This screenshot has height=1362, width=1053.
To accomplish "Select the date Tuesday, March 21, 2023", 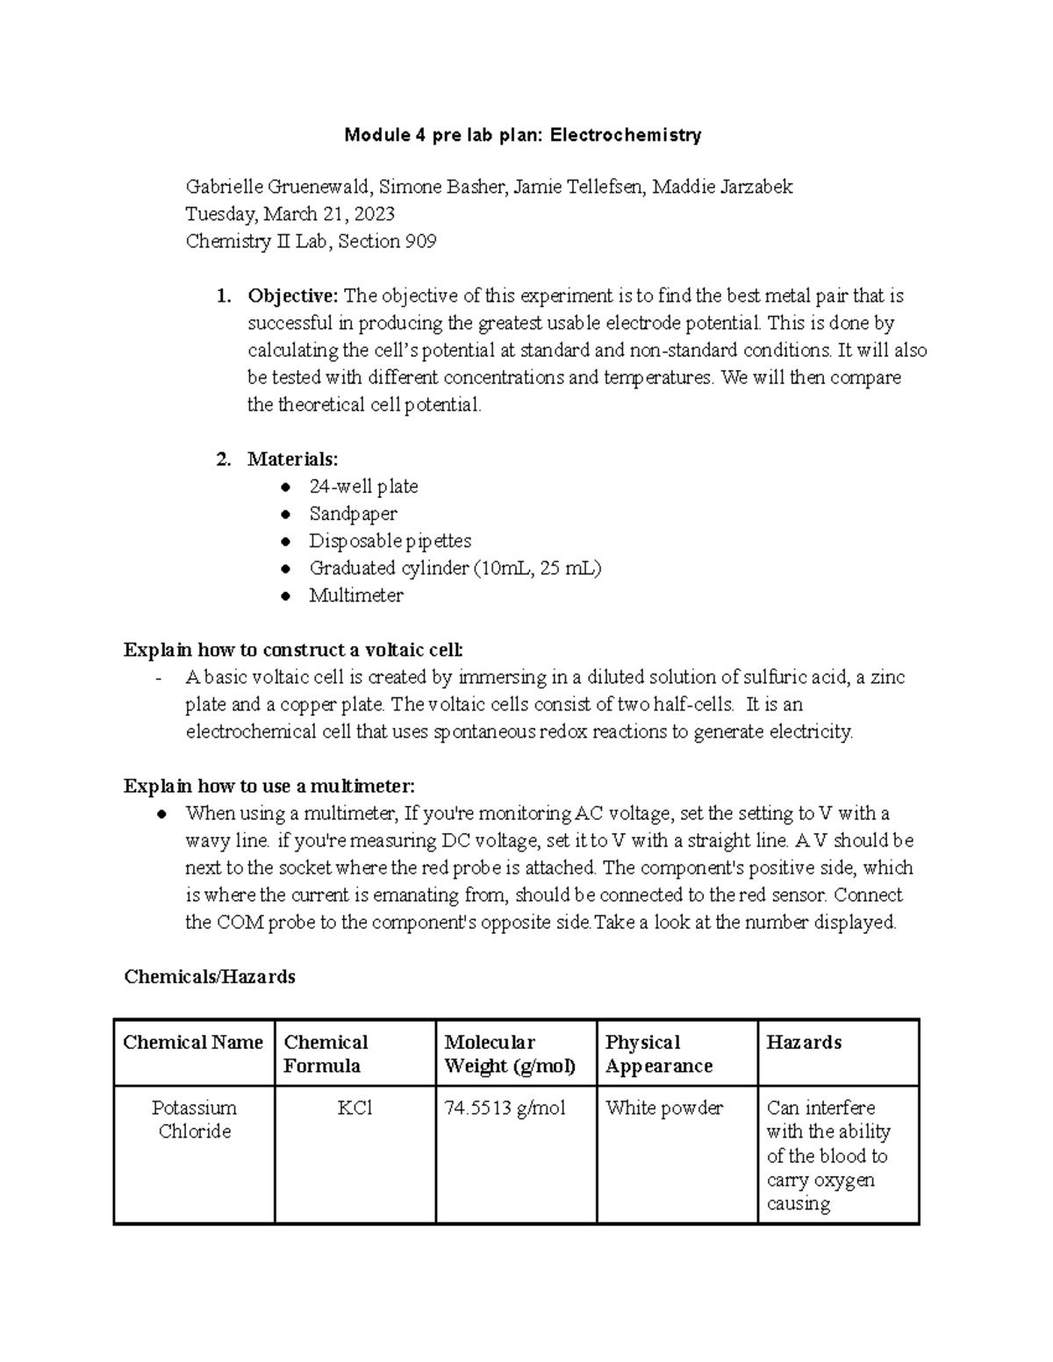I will pyautogui.click(x=290, y=214).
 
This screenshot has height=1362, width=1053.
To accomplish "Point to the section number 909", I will pyautogui.click(x=420, y=241).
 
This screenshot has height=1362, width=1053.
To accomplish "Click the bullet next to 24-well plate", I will pyautogui.click(x=284, y=487).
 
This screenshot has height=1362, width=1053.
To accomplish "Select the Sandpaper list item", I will pyautogui.click(x=353, y=514).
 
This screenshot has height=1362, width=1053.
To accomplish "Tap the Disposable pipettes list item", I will pyautogui.click(x=390, y=541).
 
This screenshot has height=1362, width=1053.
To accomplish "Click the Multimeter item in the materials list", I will pyautogui.click(x=355, y=595).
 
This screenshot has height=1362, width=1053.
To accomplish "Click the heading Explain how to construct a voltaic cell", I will pyautogui.click(x=293, y=650).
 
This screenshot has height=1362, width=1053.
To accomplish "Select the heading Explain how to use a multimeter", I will pyautogui.click(x=269, y=786).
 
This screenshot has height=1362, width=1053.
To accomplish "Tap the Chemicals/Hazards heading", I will pyautogui.click(x=210, y=976).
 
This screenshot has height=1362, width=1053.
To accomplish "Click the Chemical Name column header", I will pyautogui.click(x=193, y=1042).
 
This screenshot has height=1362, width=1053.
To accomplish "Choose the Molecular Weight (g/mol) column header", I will pyautogui.click(x=510, y=1053).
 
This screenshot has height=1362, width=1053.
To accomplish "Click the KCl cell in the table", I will pyautogui.click(x=355, y=1108).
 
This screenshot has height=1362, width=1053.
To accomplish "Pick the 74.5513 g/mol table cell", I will pyautogui.click(x=505, y=1108).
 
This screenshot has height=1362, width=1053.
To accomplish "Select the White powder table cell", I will pyautogui.click(x=664, y=1108).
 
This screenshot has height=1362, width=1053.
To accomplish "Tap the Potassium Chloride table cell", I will pyautogui.click(x=194, y=1119).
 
